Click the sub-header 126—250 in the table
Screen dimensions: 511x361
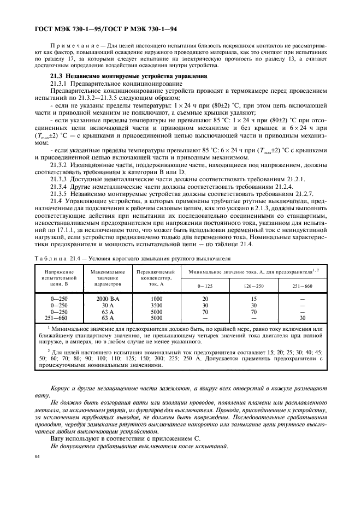253,286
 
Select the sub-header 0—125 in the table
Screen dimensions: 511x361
205,286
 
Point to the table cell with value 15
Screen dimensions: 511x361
253,299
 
